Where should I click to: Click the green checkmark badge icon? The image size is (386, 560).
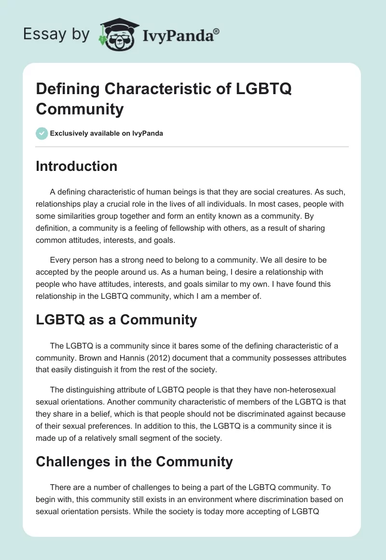(42, 133)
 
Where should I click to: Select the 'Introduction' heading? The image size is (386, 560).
(77, 166)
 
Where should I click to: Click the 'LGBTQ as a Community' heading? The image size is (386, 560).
(116, 320)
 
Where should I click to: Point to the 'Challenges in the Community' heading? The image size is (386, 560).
(134, 462)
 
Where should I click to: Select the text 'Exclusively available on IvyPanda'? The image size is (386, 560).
(107, 133)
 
